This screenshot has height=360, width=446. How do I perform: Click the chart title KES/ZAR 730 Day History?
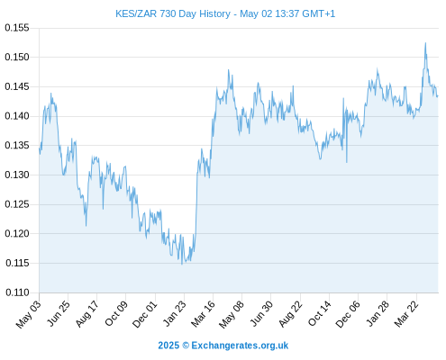click(173, 13)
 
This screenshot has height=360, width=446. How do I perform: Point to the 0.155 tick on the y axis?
click(17, 28)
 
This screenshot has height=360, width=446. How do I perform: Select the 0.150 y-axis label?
click(17, 57)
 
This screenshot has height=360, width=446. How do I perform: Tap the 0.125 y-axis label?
click(17, 204)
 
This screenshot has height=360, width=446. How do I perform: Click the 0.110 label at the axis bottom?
click(17, 292)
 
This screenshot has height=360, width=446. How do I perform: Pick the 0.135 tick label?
click(17, 146)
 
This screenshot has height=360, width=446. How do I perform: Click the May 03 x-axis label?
click(29, 314)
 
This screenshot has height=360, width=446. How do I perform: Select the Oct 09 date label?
click(116, 313)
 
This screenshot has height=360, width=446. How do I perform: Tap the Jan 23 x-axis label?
click(175, 313)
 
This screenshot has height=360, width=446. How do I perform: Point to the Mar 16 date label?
click(204, 314)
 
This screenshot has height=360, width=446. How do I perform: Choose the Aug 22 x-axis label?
click(290, 314)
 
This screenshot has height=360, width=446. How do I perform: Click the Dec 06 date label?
click(348, 314)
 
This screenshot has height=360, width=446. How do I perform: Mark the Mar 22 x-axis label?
click(406, 314)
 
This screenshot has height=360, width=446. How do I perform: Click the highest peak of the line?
click(425, 43)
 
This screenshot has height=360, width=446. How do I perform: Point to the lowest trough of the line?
click(182, 264)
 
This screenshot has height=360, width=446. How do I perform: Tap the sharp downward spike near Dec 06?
click(347, 162)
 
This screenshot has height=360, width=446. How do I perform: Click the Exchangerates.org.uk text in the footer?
click(240, 346)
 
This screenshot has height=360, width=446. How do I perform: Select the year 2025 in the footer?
click(168, 346)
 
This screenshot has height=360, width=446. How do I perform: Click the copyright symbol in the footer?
click(186, 346)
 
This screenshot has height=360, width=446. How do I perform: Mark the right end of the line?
click(438, 96)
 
